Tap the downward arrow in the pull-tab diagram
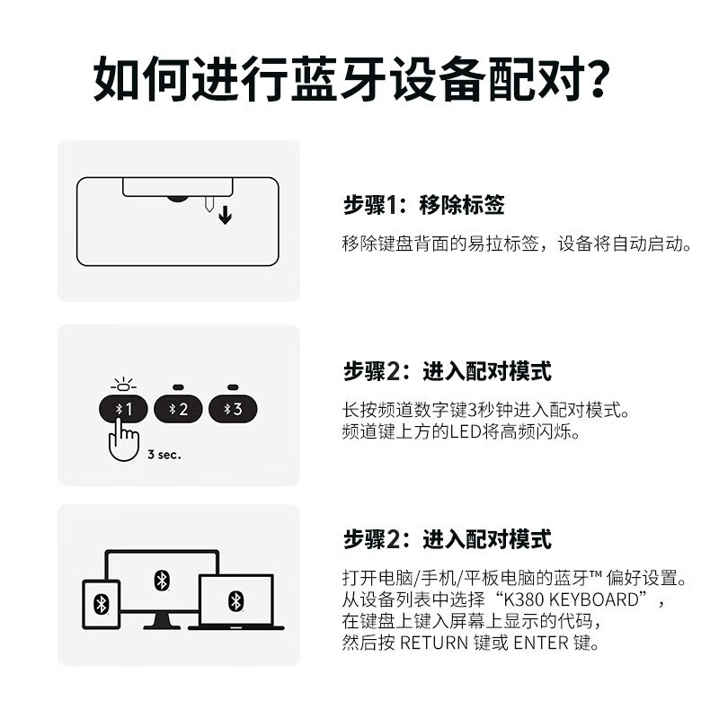click(x=224, y=216)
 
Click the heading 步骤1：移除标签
click(x=423, y=206)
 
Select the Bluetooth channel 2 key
click(x=178, y=409)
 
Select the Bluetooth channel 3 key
click(x=233, y=409)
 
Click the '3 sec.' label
click(x=164, y=455)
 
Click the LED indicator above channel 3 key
click(x=233, y=387)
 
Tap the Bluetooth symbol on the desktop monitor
click(x=162, y=580)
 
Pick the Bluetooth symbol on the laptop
click(x=235, y=599)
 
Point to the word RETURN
click(x=433, y=643)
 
